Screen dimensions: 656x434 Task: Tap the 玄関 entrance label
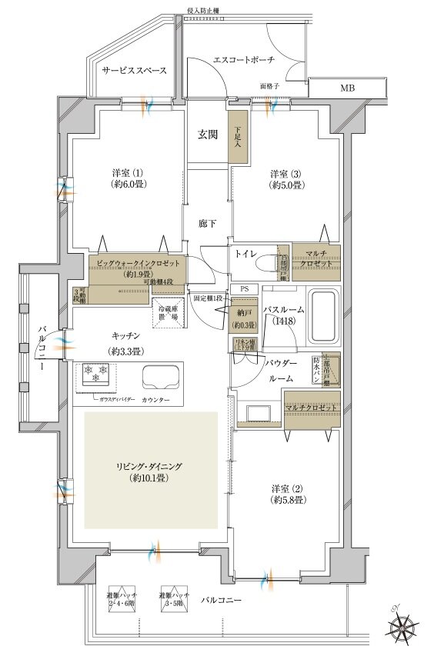tap(208, 135)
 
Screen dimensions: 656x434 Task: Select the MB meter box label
tap(348, 88)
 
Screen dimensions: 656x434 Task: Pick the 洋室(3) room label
tap(285, 178)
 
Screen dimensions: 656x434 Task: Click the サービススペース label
tap(134, 70)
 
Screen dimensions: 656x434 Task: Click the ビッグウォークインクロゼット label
tap(139, 264)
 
